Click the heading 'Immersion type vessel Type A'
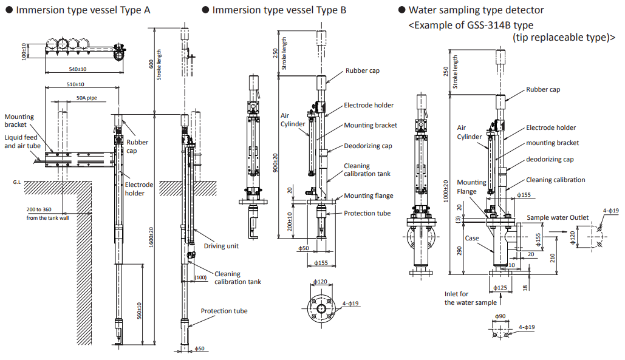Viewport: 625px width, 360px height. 83,10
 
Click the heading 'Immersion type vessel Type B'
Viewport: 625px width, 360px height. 279,10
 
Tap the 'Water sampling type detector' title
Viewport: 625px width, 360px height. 476,10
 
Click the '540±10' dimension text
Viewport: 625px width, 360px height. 77,69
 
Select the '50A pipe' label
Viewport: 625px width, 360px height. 86,98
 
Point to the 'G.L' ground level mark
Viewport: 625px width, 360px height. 16,182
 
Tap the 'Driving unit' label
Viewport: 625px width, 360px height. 222,246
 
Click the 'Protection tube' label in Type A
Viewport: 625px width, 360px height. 224,311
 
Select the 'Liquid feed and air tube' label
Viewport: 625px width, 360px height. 22,141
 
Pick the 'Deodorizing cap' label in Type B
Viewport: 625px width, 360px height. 368,146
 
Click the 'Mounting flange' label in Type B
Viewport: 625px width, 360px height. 368,195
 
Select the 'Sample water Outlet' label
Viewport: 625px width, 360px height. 558,217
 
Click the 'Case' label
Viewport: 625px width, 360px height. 472,238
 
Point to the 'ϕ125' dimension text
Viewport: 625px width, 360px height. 500,287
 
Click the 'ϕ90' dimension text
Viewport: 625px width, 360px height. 500,316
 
